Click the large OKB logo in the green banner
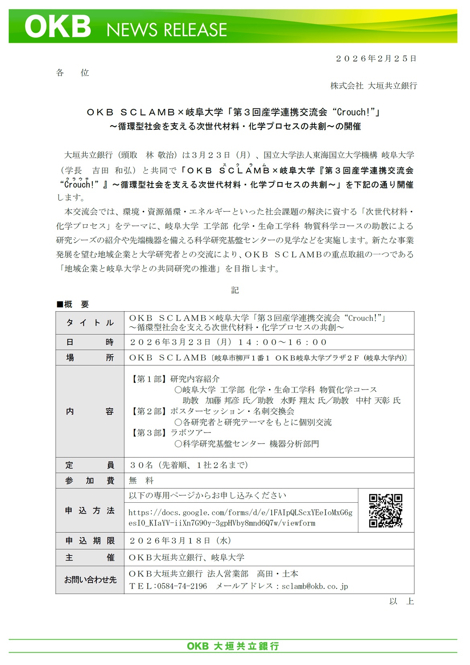(x=58, y=27)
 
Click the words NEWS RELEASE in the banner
(x=167, y=30)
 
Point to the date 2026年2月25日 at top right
(x=376, y=59)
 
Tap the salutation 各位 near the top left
(x=72, y=73)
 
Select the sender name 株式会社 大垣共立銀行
(x=374, y=86)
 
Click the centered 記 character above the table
(x=235, y=290)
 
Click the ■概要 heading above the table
(x=73, y=304)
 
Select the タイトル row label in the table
(x=90, y=323)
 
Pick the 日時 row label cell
(x=90, y=342)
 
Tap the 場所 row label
(x=90, y=358)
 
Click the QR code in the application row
(x=386, y=510)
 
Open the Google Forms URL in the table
(x=240, y=518)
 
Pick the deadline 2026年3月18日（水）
(x=180, y=541)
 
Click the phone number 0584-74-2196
(x=182, y=586)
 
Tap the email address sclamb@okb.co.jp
(x=315, y=586)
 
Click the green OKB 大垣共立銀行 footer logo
(x=233, y=646)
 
